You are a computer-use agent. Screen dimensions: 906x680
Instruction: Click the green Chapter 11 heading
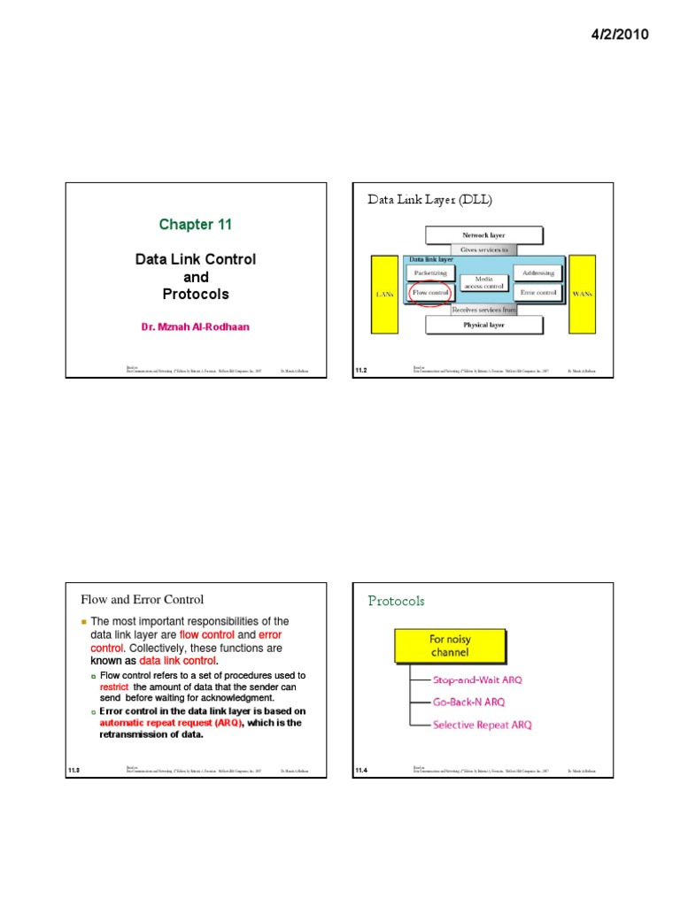195,225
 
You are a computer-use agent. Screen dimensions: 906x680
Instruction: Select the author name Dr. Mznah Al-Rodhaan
195,327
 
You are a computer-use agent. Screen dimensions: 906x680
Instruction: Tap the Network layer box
484,236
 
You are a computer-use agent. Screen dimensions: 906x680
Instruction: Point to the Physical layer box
484,325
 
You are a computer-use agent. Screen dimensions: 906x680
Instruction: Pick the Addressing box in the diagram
537,273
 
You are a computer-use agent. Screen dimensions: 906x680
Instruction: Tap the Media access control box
484,282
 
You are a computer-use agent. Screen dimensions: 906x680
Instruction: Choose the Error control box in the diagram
537,292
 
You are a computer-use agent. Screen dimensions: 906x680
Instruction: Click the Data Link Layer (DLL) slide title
429,200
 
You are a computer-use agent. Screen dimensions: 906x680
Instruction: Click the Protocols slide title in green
396,601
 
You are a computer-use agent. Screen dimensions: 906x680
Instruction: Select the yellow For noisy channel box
451,645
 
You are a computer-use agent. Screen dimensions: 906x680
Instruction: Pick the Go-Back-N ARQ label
468,702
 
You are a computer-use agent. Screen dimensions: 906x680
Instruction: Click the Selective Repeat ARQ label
482,725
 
